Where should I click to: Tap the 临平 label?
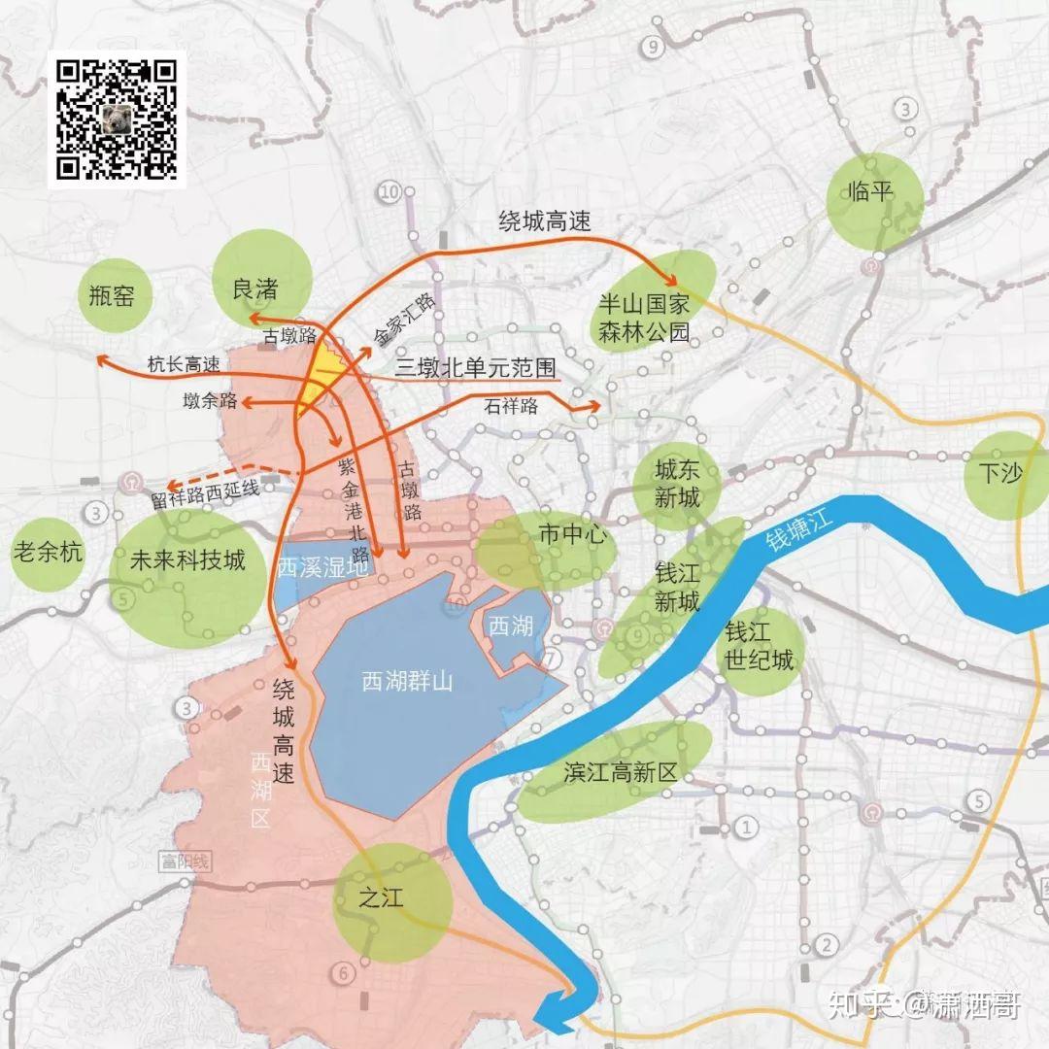[x=870, y=190]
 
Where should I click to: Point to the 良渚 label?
[x=255, y=288]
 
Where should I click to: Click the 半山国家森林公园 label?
[x=641, y=320]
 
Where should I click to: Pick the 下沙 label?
[x=1001, y=473]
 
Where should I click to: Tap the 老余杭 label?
[x=48, y=553]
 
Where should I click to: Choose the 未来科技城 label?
[x=187, y=560]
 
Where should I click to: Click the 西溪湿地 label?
[x=322, y=567]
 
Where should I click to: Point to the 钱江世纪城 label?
[x=758, y=647]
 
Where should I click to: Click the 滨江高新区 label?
[x=619, y=773]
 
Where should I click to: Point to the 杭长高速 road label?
[x=184, y=364]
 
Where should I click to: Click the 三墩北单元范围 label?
[x=475, y=367]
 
